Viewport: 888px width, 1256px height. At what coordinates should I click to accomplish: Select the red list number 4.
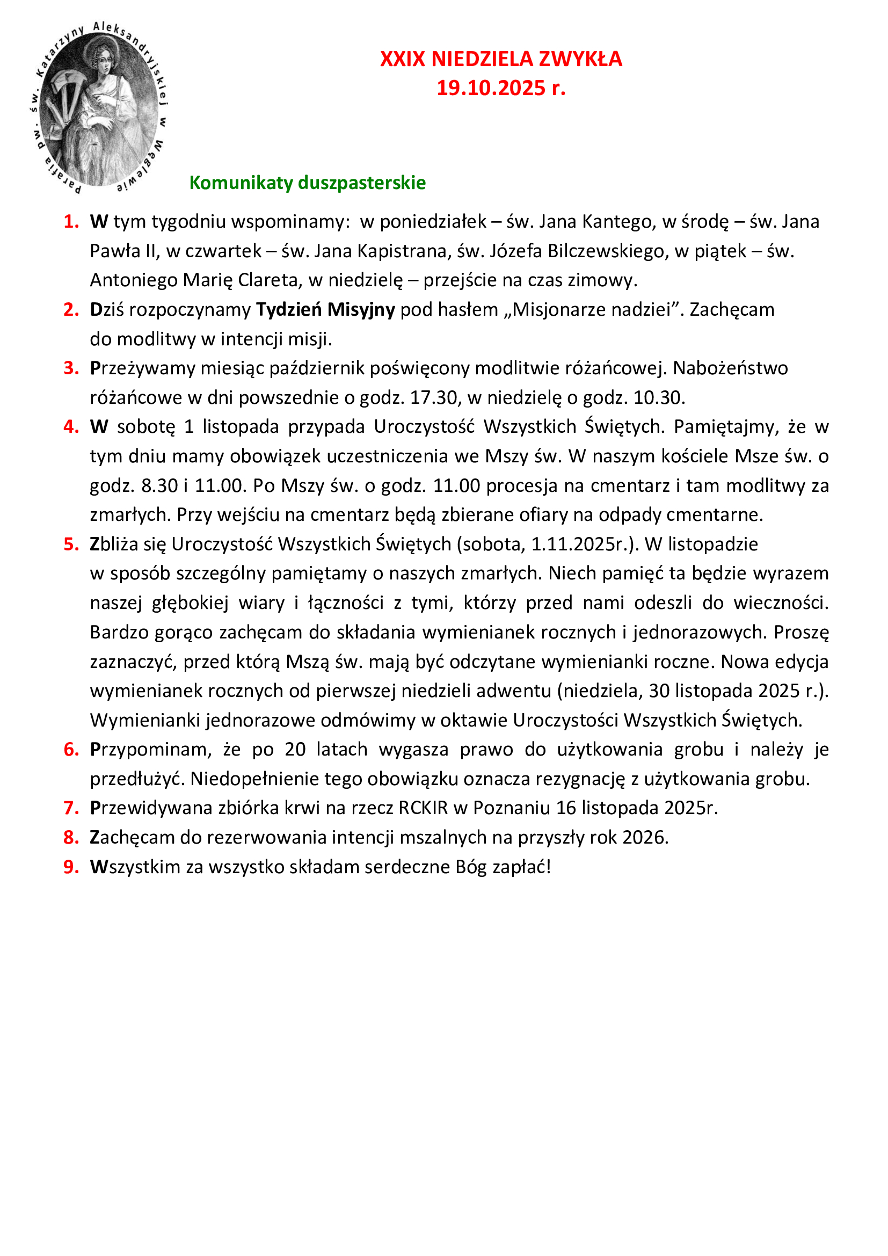(71, 426)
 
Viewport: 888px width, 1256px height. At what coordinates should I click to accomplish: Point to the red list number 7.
(71, 808)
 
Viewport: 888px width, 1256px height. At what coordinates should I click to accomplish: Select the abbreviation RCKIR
(423, 808)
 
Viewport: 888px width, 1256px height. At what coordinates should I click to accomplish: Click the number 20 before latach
(295, 749)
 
